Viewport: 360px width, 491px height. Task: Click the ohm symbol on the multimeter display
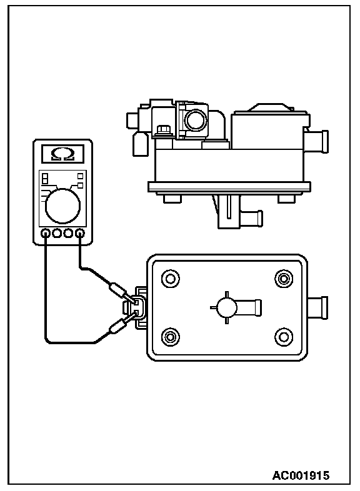click(x=62, y=154)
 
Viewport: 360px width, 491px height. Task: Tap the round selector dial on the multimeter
click(x=62, y=206)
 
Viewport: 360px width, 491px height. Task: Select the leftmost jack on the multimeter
click(x=46, y=233)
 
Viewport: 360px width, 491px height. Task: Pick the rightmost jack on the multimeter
click(x=80, y=233)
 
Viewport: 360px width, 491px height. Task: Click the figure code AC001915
click(x=301, y=475)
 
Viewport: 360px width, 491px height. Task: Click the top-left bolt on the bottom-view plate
click(x=171, y=279)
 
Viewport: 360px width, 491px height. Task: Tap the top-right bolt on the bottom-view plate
click(x=284, y=279)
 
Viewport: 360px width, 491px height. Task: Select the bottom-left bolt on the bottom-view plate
click(x=171, y=337)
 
